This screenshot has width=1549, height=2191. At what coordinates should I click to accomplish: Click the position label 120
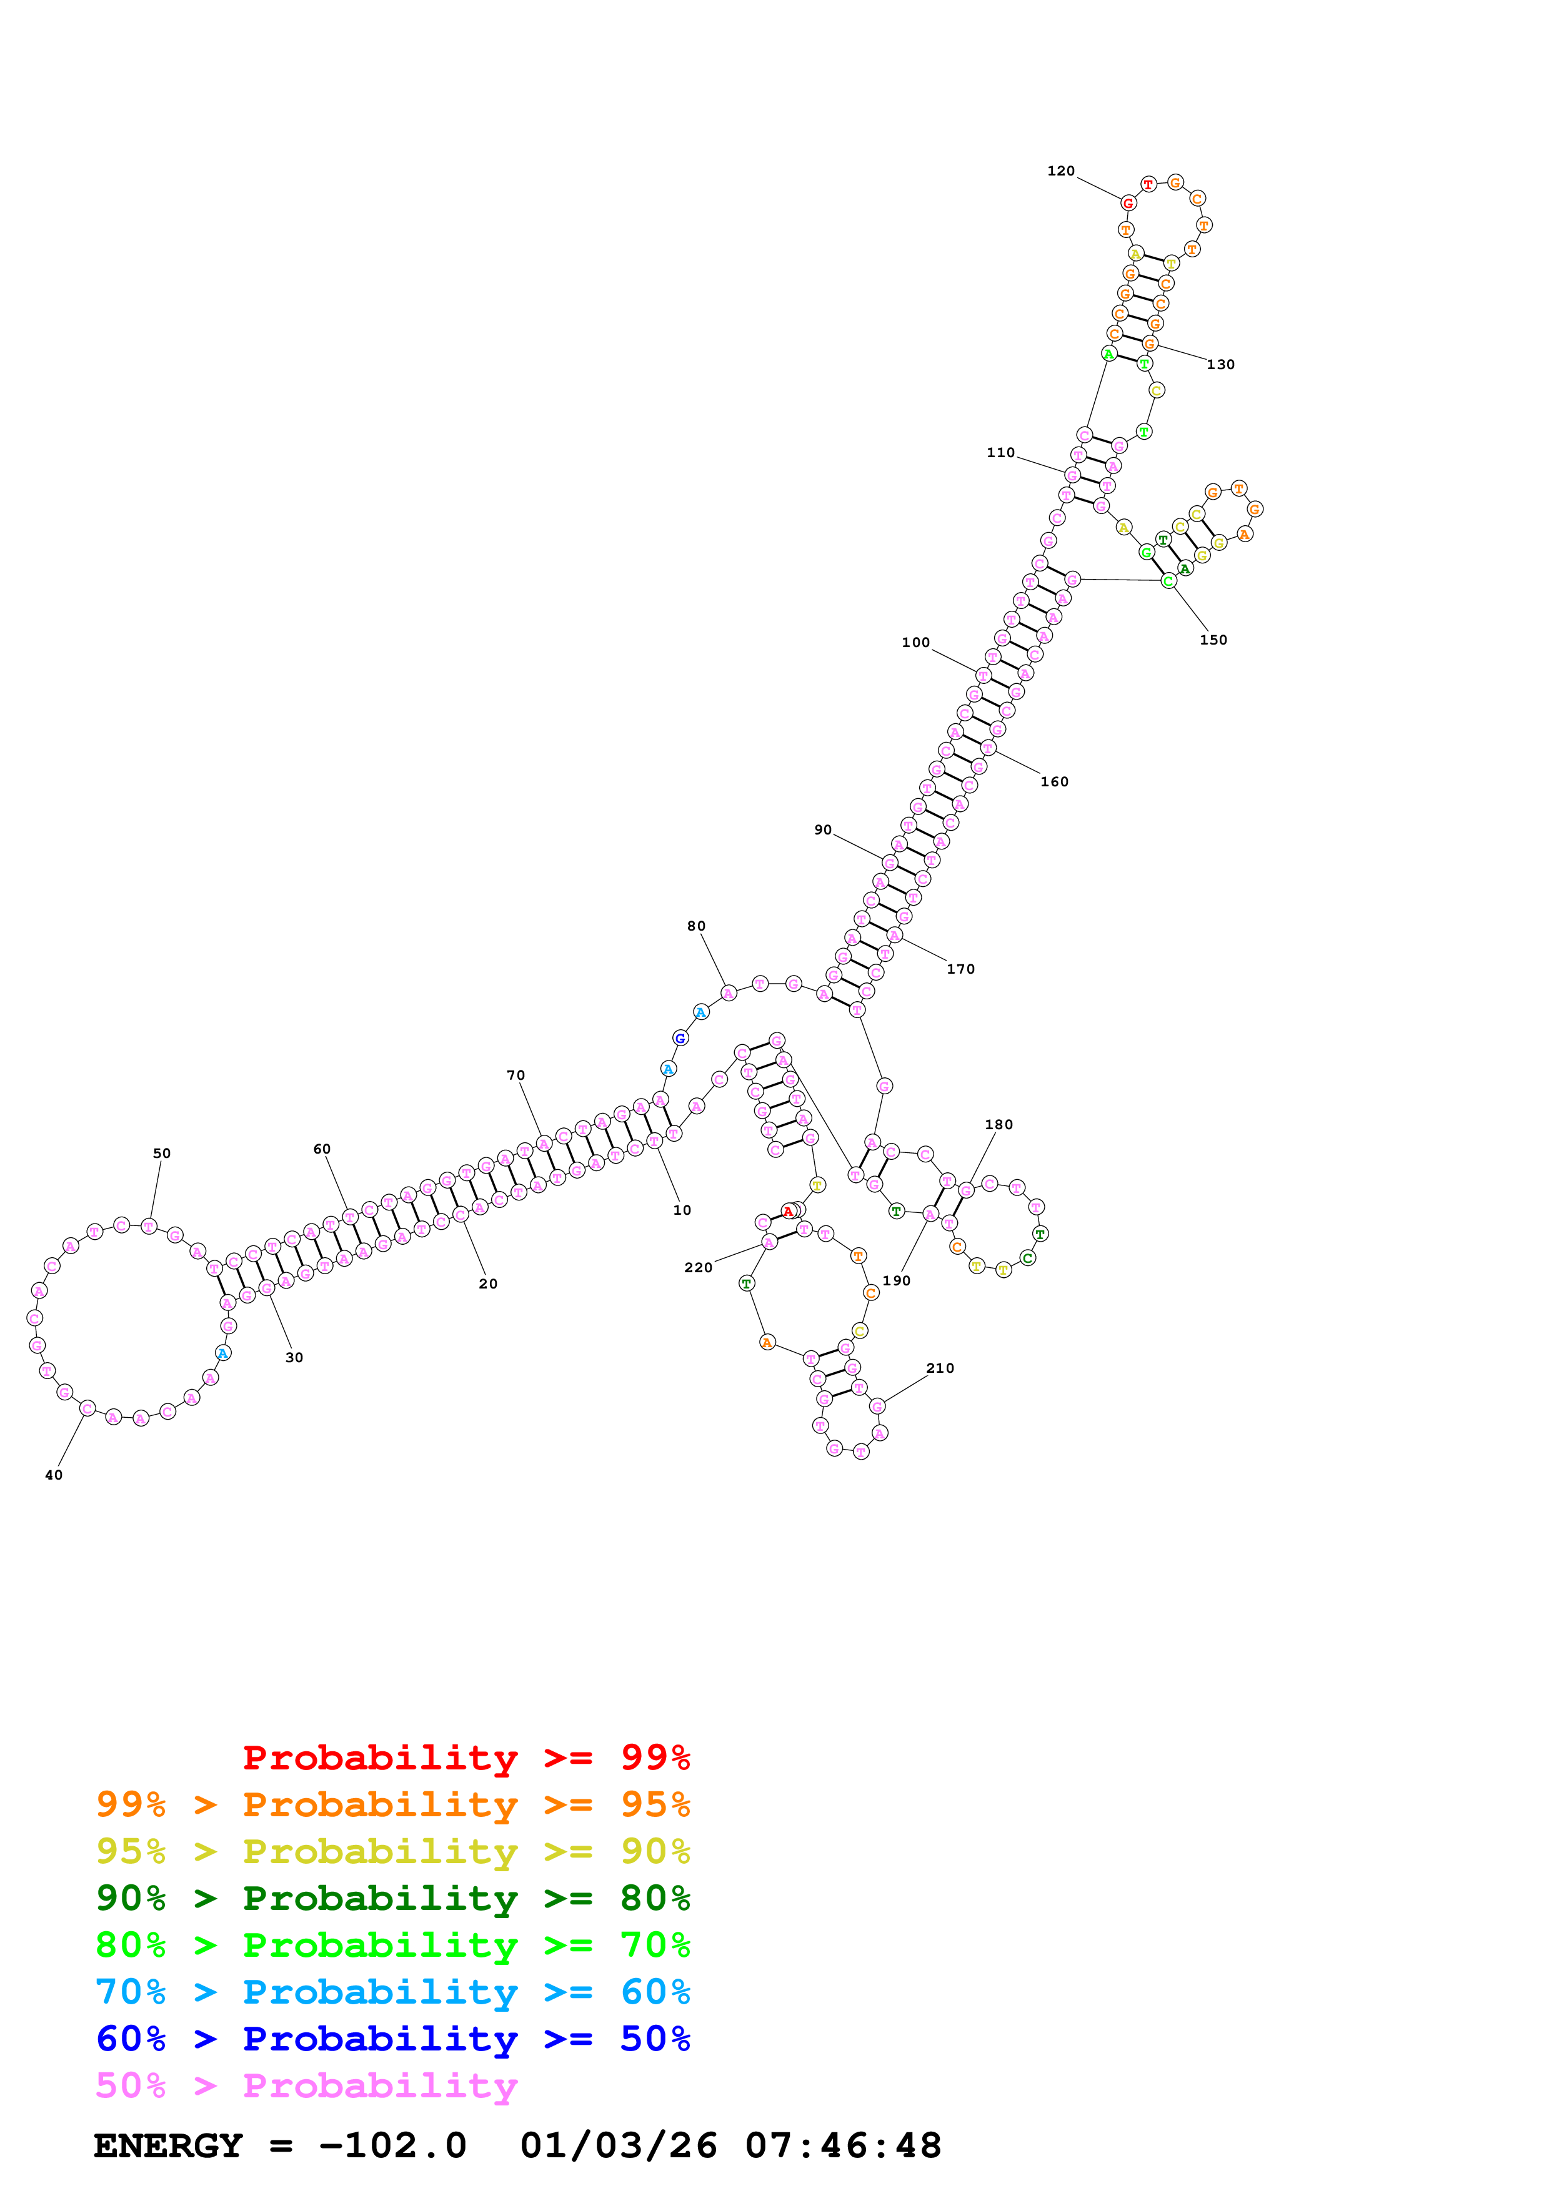coord(1060,171)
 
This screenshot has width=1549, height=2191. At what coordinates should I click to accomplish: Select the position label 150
coord(1213,640)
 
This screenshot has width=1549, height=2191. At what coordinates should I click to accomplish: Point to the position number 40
coord(54,1475)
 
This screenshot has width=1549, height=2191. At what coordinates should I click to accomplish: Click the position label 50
coord(162,1153)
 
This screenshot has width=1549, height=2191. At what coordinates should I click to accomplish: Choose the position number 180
coord(999,1124)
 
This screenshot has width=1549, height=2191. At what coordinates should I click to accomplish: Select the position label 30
coord(294,1357)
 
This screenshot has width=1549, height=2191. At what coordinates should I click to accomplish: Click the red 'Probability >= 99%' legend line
coord(466,1757)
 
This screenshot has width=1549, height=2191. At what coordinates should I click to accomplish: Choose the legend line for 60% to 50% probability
coord(392,2039)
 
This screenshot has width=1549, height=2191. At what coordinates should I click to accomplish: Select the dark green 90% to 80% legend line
coord(392,1898)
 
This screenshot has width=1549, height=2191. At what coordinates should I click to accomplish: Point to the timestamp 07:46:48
coord(843,2145)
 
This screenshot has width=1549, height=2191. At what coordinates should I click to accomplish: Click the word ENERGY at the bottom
coord(168,2145)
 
